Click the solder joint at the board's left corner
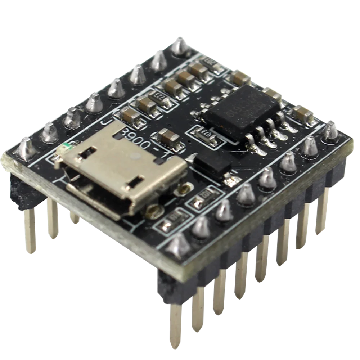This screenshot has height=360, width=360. tap(25, 148)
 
